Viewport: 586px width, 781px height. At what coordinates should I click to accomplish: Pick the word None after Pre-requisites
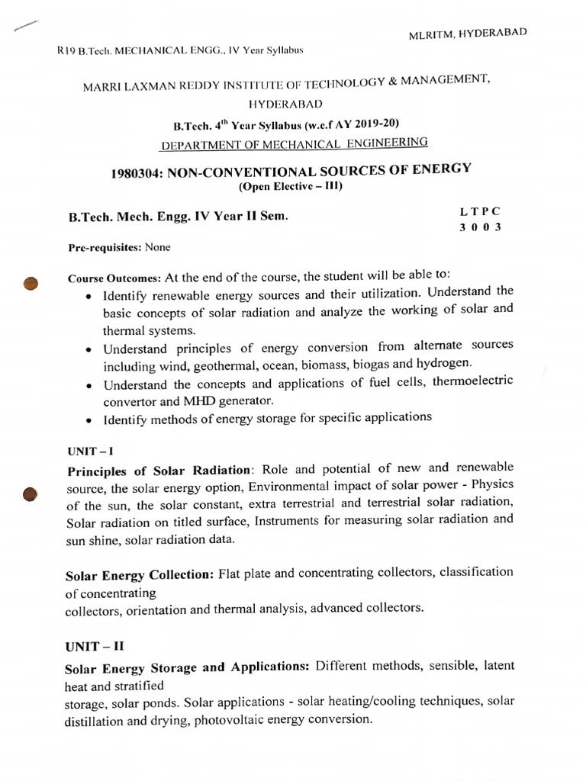pos(157,247)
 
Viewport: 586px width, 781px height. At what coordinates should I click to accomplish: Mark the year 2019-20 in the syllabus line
pos(373,124)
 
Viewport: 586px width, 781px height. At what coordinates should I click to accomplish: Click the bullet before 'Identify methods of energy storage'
pos(91,419)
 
